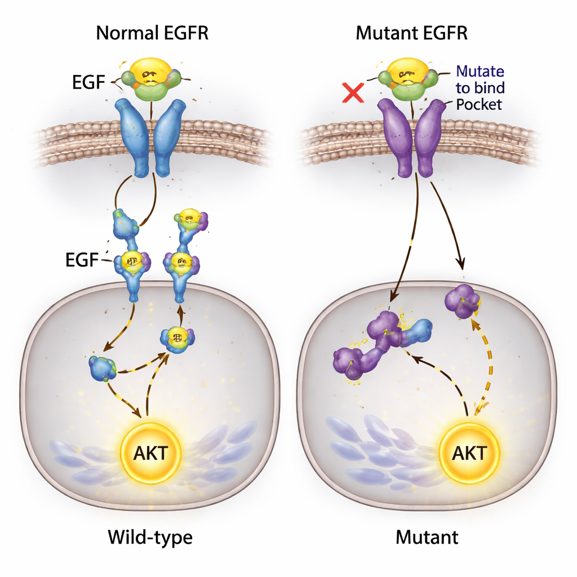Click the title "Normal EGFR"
pos(152,33)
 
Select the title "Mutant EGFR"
pos(412,33)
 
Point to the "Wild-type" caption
pos(150,537)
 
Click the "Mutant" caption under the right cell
pos(427,537)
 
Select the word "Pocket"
pos(478,104)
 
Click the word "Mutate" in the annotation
pos(480,72)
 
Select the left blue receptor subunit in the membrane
pos(133,135)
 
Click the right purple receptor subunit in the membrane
pos(430,135)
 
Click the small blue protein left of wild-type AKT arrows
pos(103,367)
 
